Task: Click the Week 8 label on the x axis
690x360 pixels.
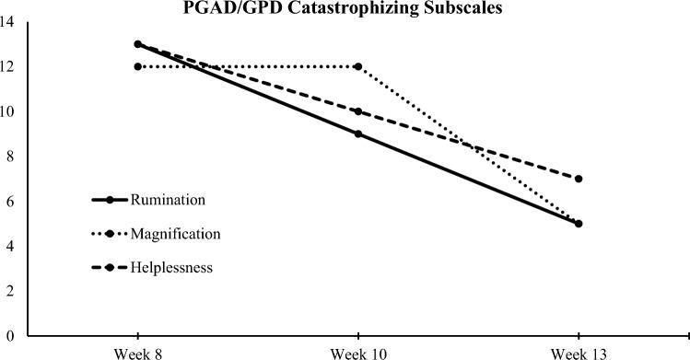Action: [137, 351]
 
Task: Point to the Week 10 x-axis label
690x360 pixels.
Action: [357, 351]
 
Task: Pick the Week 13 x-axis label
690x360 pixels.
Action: [578, 351]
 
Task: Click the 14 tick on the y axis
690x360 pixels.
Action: [7, 23]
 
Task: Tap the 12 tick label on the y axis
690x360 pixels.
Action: [7, 67]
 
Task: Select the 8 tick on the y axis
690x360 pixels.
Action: [10, 157]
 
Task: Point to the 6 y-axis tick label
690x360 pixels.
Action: [10, 202]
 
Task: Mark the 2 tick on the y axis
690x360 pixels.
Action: [10, 291]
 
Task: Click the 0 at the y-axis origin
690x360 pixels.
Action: [10, 336]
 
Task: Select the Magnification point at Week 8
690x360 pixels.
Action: [137, 66]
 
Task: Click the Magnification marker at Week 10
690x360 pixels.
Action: [357, 66]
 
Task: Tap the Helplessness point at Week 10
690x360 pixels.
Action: [357, 111]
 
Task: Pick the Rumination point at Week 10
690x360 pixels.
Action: [357, 134]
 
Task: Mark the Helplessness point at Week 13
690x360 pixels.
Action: [578, 179]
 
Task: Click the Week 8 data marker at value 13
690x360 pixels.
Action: [137, 44]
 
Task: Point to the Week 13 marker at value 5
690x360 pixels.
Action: [578, 223]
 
